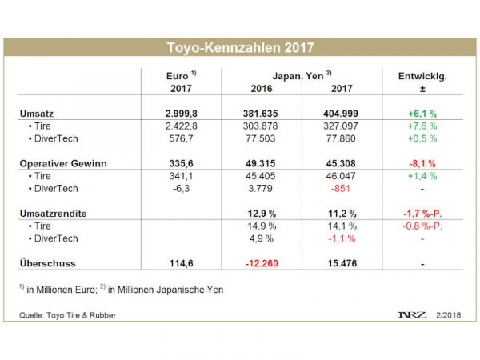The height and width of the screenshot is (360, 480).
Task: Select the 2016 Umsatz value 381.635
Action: tap(262, 114)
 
